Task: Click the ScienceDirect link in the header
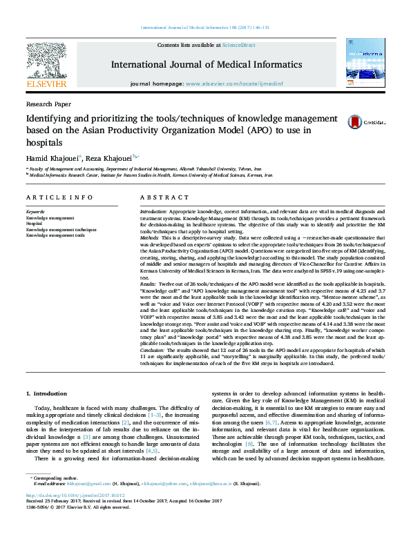coord(238,46)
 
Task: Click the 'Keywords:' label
coord(35,211)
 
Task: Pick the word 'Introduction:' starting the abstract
coord(153,211)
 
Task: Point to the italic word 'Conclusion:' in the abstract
coord(153,349)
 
